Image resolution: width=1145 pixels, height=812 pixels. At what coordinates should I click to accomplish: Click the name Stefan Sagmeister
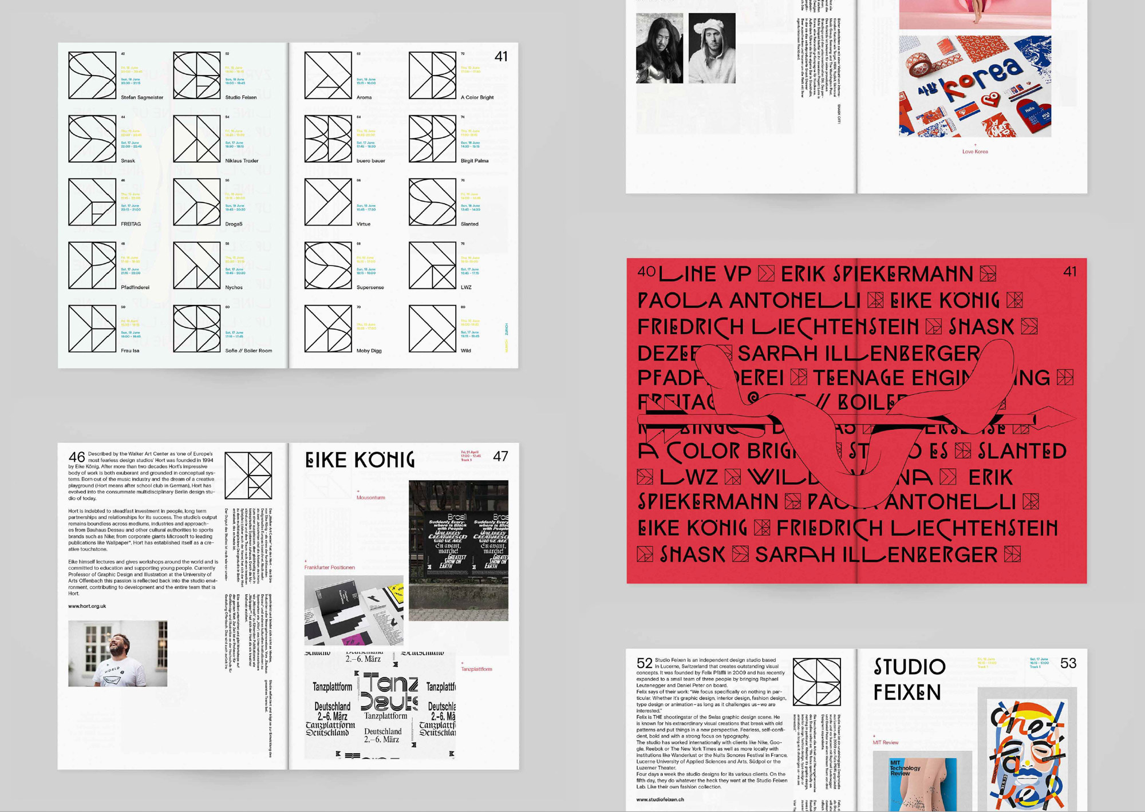[x=142, y=97]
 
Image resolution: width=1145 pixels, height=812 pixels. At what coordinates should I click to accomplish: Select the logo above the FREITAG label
[x=92, y=201]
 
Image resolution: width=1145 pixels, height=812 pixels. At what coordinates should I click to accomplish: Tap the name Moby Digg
[x=369, y=351]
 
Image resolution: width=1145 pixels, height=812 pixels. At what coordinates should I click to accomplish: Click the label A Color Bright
[x=477, y=97]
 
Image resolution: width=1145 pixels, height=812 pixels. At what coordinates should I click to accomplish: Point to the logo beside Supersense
[x=328, y=265]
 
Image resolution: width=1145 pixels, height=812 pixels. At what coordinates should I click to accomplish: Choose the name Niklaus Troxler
[x=242, y=161]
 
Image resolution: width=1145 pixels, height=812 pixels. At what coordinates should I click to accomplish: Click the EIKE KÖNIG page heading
[x=360, y=460]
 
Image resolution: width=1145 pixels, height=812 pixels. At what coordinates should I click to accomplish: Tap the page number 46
[x=76, y=457]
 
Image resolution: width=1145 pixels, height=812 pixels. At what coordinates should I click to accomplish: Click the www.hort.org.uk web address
[x=87, y=606]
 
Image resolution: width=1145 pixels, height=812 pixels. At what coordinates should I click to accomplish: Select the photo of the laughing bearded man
[x=118, y=653]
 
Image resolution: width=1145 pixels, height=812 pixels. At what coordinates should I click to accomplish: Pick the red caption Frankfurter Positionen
[x=329, y=568]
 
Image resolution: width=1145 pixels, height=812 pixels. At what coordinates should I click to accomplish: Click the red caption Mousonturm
[x=370, y=497]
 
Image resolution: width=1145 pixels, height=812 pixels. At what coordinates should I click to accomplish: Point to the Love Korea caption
[x=974, y=152]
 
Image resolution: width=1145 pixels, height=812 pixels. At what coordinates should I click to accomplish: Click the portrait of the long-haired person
[x=660, y=48]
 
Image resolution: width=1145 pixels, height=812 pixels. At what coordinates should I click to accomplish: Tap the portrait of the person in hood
[x=712, y=48]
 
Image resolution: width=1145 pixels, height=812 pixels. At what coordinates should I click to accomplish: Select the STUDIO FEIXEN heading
[x=909, y=680]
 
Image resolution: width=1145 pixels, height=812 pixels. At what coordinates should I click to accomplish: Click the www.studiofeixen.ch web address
[x=660, y=799]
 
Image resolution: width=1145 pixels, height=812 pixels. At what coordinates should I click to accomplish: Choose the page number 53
[x=1068, y=663]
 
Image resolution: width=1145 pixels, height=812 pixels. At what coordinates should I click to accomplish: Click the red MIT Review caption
[x=885, y=743]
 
